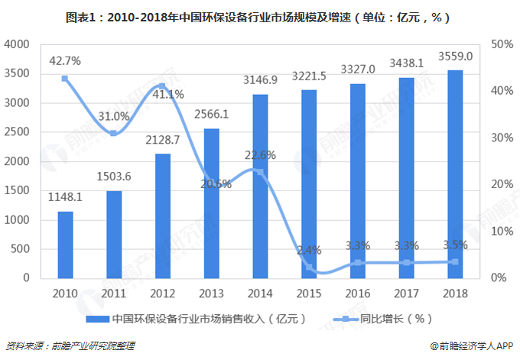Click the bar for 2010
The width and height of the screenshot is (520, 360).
66,245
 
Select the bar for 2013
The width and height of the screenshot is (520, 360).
211,203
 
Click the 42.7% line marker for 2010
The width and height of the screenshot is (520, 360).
65,78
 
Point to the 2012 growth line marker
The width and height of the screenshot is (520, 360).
162,86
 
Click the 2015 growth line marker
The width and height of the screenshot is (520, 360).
309,267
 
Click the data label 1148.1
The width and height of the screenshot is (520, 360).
66,196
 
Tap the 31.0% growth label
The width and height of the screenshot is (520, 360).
114,117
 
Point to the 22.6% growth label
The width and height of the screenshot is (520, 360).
260,154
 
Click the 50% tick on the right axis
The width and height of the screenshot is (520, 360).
502,44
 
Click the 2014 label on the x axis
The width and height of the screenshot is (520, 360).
260,292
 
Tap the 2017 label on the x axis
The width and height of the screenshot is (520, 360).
406,292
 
